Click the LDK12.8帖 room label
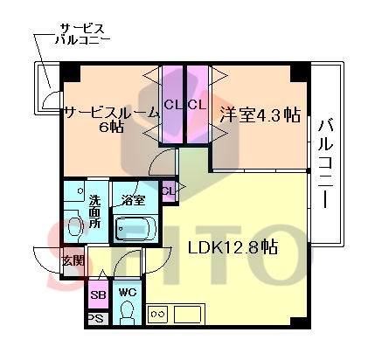(233, 248)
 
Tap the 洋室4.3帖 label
(260, 114)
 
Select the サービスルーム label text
(112, 113)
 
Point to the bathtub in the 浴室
(135, 227)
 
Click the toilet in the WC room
(127, 312)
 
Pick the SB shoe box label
(98, 294)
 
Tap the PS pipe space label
(96, 318)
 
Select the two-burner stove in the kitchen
(158, 314)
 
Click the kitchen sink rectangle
(187, 314)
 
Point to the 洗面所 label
(94, 211)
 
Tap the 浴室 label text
(134, 200)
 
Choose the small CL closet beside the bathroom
(169, 191)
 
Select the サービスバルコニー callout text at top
(82, 34)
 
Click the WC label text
(128, 292)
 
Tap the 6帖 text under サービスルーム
(111, 128)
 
